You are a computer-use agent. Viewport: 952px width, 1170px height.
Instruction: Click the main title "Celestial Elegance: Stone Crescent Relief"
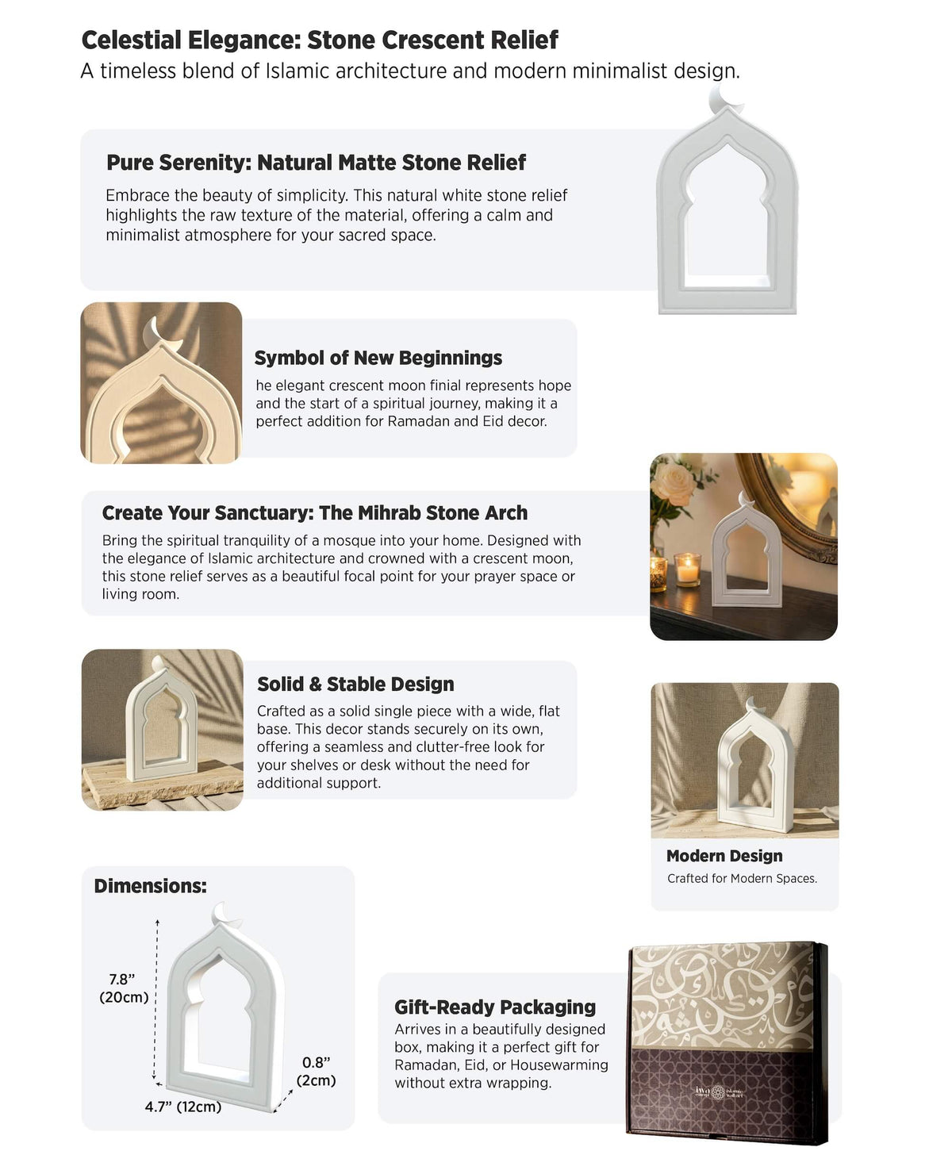click(320, 40)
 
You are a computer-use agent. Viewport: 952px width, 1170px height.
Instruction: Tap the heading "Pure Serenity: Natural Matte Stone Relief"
click(316, 163)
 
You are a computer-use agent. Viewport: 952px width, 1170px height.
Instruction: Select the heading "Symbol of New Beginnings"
click(378, 358)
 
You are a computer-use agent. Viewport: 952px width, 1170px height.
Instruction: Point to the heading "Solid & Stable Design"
click(355, 684)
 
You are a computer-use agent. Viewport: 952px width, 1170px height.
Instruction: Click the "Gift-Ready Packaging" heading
click(495, 1007)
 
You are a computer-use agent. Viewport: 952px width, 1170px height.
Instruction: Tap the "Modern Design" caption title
click(724, 856)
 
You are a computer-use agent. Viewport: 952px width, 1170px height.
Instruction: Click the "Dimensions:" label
click(150, 886)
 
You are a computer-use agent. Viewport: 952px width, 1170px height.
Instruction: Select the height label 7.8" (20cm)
click(123, 988)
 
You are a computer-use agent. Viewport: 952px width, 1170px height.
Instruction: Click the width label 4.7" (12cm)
click(182, 1107)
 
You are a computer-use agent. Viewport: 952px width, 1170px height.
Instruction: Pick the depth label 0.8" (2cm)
click(316, 1071)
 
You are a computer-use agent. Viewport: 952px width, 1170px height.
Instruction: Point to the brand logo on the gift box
click(719, 1092)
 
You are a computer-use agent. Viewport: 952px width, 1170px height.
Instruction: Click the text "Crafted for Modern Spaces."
click(742, 878)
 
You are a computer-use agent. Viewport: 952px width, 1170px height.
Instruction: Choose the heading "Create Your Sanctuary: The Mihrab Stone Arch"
click(314, 513)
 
